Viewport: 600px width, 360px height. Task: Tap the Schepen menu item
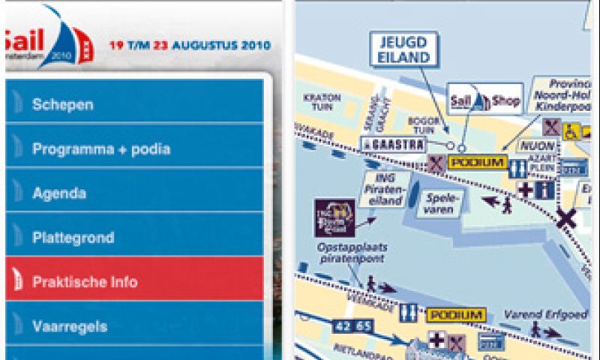click(135, 104)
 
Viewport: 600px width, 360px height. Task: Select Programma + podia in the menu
click(135, 148)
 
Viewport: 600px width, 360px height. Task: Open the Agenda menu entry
click(135, 193)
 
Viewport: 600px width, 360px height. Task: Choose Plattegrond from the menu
click(135, 238)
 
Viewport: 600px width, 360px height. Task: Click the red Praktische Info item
click(135, 282)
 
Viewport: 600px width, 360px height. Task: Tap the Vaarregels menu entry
click(135, 326)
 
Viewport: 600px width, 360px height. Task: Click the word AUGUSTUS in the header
click(206, 45)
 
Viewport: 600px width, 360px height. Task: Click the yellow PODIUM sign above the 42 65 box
click(455, 314)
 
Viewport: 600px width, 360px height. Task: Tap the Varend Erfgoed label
click(535, 313)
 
